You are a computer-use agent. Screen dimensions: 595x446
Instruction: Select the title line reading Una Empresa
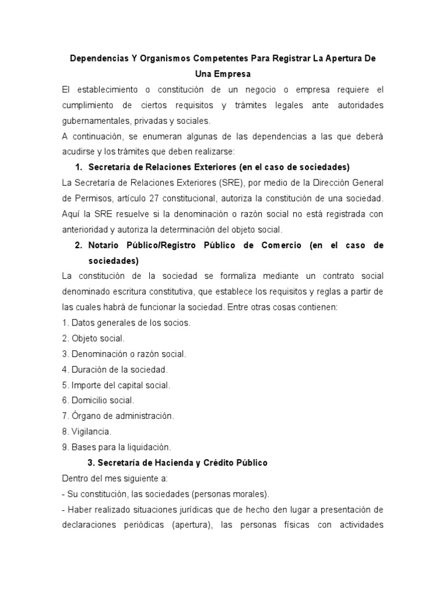click(222, 75)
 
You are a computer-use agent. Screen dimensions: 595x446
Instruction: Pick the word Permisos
click(92, 198)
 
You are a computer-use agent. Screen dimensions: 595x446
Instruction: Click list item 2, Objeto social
click(93, 338)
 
